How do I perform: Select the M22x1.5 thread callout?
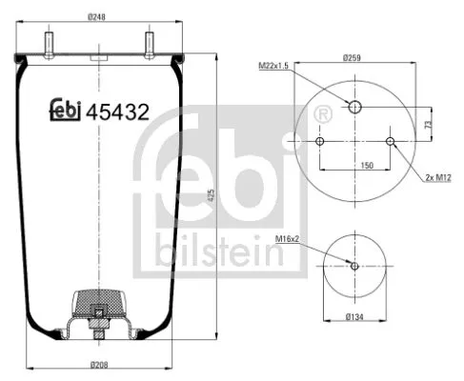pyautogui.click(x=275, y=67)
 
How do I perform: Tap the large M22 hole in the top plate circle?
pyautogui.click(x=355, y=108)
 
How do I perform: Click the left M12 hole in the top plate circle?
pyautogui.click(x=319, y=142)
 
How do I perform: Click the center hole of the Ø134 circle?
pyautogui.click(x=355, y=266)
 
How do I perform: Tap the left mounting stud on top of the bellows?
pyautogui.click(x=47, y=44)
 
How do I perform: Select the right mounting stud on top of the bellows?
pyautogui.click(x=150, y=44)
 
